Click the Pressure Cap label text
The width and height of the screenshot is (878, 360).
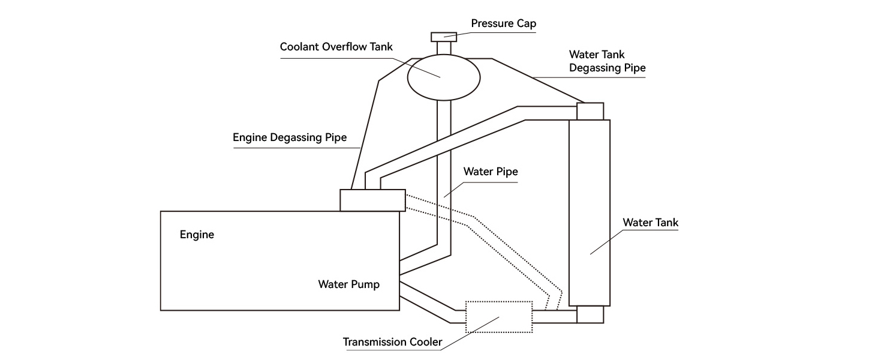tap(503, 23)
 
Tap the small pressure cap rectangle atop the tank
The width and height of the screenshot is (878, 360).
tap(444, 37)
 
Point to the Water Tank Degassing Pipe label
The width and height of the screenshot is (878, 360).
tap(607, 61)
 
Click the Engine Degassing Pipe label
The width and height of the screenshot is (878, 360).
tap(290, 137)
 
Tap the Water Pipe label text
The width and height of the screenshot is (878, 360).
tap(490, 172)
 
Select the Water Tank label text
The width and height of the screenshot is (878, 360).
tap(650, 223)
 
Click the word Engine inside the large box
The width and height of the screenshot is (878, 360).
tap(197, 235)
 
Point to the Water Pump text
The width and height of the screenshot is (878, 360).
tap(348, 284)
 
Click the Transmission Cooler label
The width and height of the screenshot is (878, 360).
tap(392, 343)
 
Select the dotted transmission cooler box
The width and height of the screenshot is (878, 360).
tap(499, 316)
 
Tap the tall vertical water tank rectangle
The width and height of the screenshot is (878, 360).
tap(589, 212)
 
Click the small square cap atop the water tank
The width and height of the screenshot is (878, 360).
tap(590, 111)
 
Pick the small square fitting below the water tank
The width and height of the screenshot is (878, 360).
tap(590, 315)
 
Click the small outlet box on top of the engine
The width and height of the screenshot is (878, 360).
tap(372, 200)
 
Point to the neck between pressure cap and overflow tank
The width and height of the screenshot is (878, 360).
tap(444, 48)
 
